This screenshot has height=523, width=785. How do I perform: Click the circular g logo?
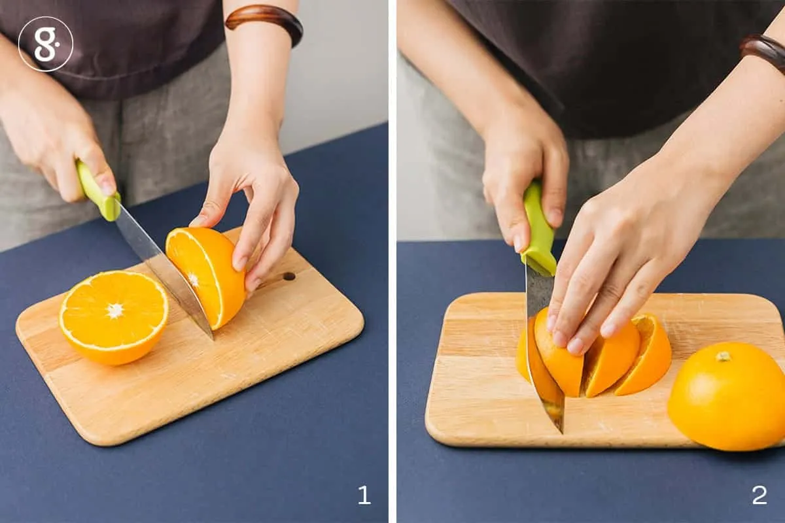click(x=46, y=44)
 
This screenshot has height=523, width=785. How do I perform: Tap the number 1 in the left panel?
click(x=364, y=494)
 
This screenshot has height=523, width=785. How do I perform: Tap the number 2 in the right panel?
click(x=759, y=494)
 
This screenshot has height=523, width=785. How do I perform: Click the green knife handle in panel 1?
click(x=97, y=190)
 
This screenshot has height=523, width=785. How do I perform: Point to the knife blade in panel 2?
click(x=544, y=350)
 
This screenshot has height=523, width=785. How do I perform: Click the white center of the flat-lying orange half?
click(x=115, y=311)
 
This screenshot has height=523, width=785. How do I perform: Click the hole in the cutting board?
click(x=289, y=277)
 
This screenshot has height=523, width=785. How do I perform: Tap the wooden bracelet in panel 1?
click(x=264, y=23)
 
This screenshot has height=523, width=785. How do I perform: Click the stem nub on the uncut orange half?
click(x=723, y=356)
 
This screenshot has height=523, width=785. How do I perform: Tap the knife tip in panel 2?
click(x=561, y=432)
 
